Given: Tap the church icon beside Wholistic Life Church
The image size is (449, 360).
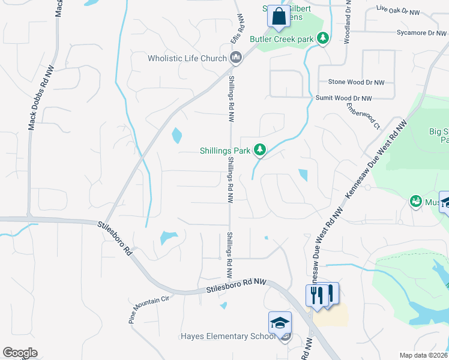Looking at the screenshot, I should click(236, 58).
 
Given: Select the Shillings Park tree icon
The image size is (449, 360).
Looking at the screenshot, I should click(259, 149).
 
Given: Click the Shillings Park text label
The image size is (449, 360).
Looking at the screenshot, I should click(224, 151).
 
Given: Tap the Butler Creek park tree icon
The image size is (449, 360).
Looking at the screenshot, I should click(324, 38).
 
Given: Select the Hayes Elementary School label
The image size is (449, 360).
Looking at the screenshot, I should click(228, 337).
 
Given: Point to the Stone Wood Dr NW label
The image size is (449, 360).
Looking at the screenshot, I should click(356, 82).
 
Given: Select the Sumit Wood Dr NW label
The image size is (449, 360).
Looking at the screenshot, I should click(344, 98).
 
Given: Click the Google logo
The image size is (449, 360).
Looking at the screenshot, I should click(20, 353).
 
